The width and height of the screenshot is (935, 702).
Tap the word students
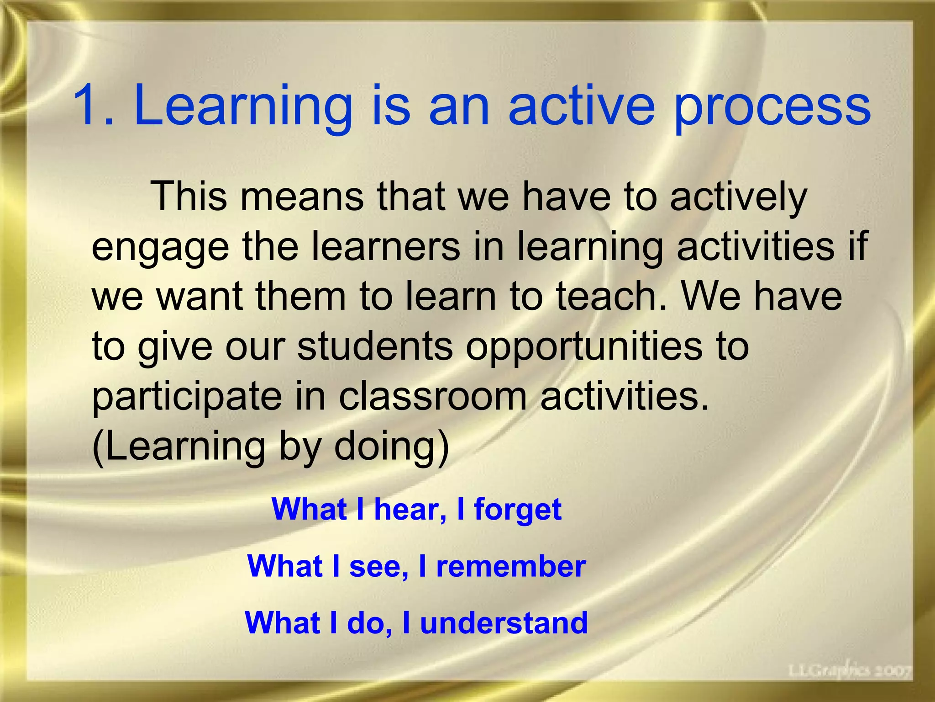(x=375, y=346)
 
